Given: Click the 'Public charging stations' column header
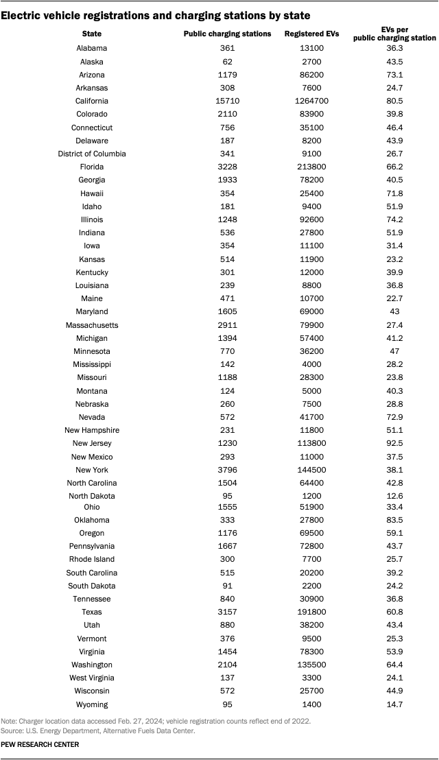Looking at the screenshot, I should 228,34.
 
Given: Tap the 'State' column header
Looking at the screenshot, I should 92,34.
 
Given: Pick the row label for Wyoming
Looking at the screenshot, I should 92,704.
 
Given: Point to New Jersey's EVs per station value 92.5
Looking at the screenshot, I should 388,444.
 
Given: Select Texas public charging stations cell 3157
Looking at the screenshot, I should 228,613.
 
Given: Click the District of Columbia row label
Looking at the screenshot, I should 92,154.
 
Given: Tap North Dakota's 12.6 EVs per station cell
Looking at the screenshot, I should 388,496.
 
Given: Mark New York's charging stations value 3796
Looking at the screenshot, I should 228,470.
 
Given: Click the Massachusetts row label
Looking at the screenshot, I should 92,325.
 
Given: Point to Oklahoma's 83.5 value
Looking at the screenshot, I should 388,520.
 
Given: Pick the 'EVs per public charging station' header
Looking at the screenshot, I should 388,34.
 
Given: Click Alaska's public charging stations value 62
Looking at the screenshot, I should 228,62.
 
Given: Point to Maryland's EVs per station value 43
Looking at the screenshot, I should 388,312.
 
